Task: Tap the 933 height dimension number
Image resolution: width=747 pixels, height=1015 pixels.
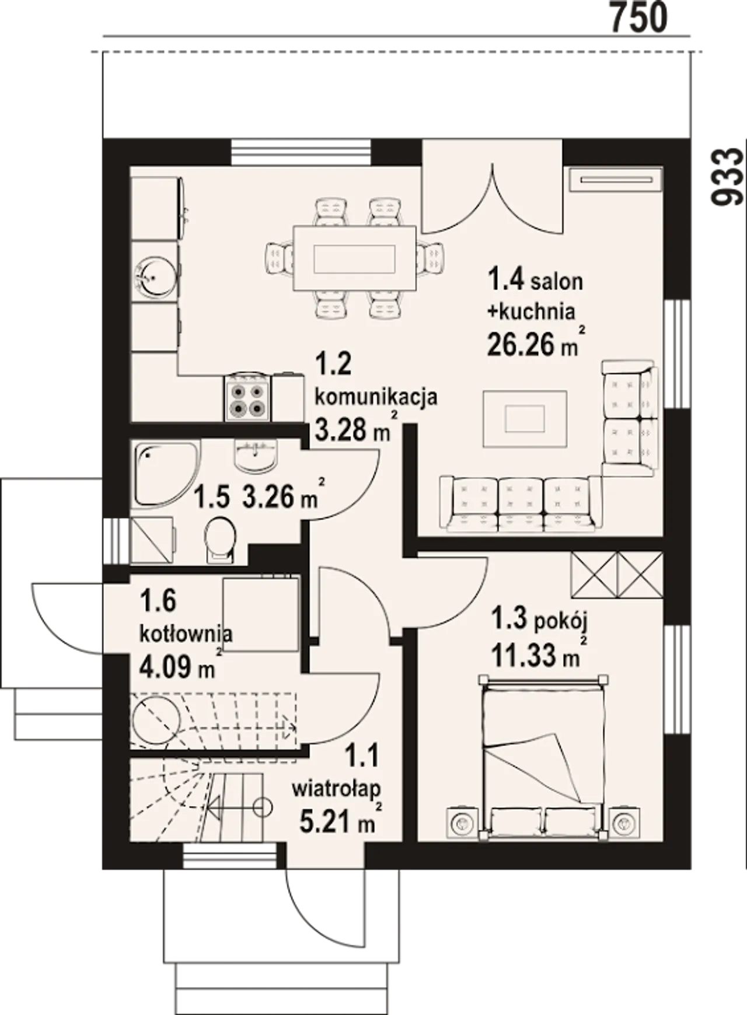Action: coord(728,177)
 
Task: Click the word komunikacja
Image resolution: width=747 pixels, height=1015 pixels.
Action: coord(376,397)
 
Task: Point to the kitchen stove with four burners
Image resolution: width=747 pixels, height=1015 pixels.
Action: coord(247,397)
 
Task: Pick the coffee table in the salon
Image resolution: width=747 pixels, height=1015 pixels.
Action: coord(525,418)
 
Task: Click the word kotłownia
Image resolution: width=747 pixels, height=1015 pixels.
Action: coord(186,633)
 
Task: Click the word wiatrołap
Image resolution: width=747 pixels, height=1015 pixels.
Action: coord(336,789)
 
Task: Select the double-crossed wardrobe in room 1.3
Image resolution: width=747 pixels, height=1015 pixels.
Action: coord(617,575)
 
